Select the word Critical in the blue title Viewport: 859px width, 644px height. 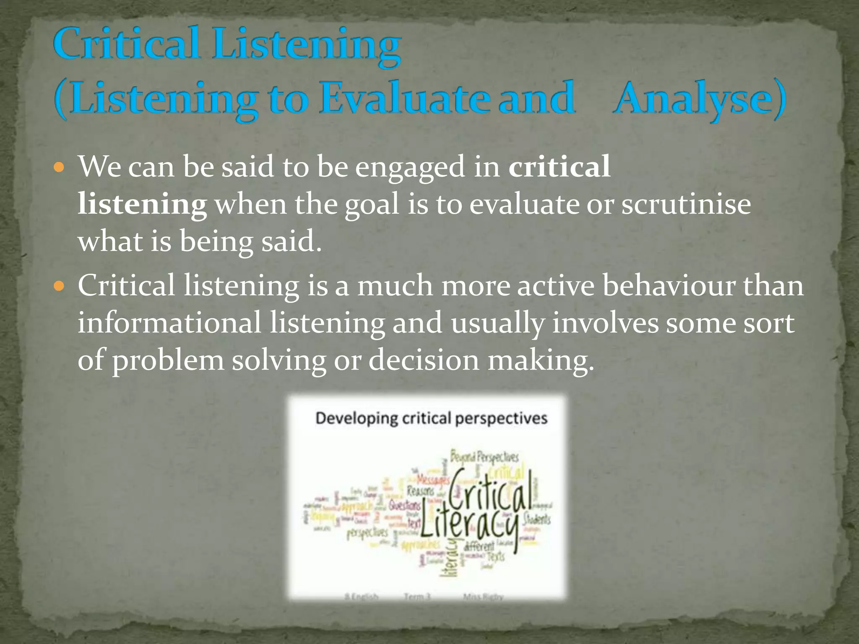coord(126,44)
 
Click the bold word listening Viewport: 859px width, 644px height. coord(142,204)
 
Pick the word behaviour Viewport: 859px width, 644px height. coord(669,286)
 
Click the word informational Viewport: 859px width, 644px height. coord(169,323)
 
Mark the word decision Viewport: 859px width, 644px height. coord(424,360)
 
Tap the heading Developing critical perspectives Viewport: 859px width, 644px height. coord(431,418)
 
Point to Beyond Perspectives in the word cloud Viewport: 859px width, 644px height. coord(484,457)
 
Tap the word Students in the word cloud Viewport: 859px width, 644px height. coord(537,519)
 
